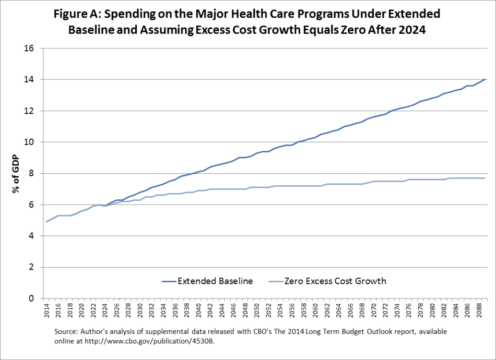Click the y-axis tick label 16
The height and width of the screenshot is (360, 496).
[x=29, y=49]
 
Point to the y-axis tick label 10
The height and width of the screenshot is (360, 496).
[x=29, y=142]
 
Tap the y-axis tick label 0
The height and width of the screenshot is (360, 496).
[x=31, y=298]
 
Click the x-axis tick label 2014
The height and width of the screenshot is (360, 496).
[x=46, y=312]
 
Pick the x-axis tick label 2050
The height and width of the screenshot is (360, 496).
[x=255, y=312]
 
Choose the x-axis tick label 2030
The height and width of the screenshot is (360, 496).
[x=139, y=312]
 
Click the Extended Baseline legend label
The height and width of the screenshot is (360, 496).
[x=215, y=281]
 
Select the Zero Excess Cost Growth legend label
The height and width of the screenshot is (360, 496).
[x=336, y=281]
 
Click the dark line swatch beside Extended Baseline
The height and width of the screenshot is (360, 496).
[x=168, y=282]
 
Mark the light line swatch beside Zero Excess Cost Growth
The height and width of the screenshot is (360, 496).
[x=274, y=282]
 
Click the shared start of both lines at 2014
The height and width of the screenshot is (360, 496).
[x=46, y=222]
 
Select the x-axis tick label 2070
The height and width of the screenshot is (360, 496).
[x=371, y=312]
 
